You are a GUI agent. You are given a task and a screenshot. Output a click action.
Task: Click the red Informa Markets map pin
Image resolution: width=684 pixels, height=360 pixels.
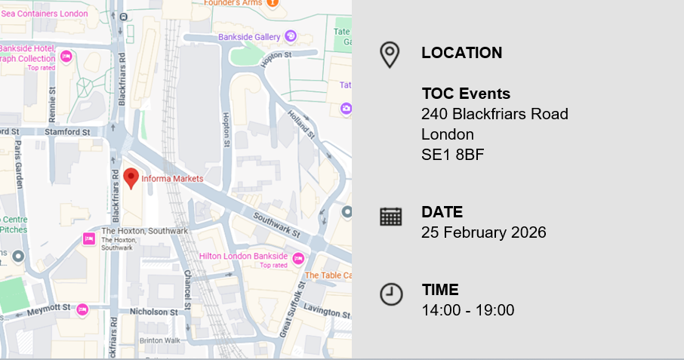pos(131,177)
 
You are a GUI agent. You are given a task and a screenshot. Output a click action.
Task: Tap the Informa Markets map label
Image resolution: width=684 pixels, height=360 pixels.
pos(172,179)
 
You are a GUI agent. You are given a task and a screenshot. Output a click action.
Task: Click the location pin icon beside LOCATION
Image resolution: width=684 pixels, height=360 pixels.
pos(390,54)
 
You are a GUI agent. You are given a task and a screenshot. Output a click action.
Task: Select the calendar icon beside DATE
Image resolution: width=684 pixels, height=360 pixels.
pos(390,217)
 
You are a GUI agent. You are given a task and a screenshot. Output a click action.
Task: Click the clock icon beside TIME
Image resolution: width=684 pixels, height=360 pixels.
pos(390,294)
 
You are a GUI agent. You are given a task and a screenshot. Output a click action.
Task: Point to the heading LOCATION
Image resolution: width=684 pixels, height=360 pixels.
pos(461,53)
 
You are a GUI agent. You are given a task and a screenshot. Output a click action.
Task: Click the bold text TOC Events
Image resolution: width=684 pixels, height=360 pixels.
pos(466,94)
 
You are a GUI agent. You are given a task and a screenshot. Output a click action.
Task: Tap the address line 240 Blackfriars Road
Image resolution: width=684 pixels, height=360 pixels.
pos(495,114)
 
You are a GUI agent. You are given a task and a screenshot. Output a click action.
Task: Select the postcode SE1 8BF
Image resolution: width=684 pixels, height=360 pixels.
pos(452,155)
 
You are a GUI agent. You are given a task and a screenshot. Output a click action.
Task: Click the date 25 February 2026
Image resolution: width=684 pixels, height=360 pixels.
pos(483,232)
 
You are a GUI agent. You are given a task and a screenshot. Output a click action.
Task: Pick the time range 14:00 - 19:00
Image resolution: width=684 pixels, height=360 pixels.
pos(467,310)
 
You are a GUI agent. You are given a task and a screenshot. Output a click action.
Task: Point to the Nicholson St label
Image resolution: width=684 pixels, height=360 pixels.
pos(153,311)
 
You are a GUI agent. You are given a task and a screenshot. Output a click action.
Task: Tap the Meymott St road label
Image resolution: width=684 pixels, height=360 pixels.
pos(48,308)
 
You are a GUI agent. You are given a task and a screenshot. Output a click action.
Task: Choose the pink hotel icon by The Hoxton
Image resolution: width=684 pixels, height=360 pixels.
pos(89,239)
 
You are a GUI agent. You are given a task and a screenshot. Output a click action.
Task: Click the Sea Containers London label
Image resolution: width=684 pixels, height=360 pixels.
pos(45,13)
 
